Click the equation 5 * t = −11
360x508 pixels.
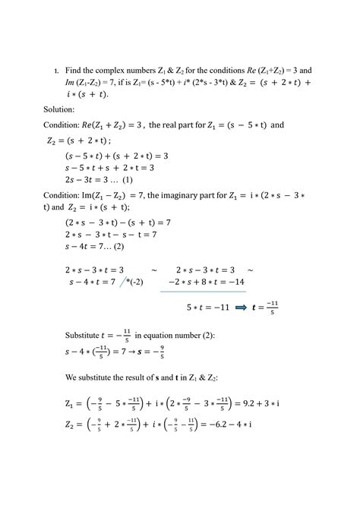(x=207, y=308)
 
